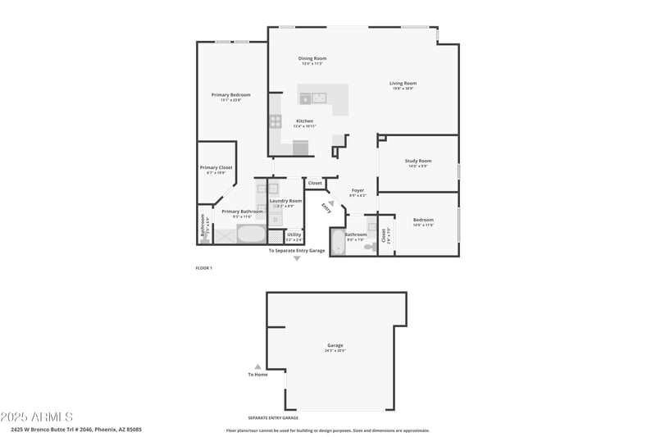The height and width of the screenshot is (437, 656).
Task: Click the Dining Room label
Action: pos(312,58)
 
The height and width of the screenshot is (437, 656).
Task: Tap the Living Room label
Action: pos(403,83)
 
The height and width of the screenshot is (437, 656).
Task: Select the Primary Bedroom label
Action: pos(230,95)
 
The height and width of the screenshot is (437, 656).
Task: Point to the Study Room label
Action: pos(417,161)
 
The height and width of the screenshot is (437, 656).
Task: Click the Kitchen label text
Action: pos(304,121)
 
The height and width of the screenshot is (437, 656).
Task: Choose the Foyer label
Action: pos(358,190)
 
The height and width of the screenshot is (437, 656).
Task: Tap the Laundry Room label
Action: pos(285,201)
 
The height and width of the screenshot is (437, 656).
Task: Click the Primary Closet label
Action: pos(216,168)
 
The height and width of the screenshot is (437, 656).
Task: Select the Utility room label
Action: pos(294,234)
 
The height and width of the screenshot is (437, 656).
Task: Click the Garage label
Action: pos(335,345)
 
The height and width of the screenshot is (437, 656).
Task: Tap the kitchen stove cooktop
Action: pos(276,121)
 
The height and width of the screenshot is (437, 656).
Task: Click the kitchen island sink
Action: pos(319,98)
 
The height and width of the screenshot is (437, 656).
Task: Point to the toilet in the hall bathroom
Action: pos(370,244)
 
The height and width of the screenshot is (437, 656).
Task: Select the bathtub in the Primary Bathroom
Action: pos(252,234)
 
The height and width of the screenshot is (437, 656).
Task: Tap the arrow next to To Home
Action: pos(257,366)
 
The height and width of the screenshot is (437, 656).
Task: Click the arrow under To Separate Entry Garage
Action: pos(297,258)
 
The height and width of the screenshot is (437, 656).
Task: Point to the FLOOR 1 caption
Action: pos(203,268)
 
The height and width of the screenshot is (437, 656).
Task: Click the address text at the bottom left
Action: pos(76,429)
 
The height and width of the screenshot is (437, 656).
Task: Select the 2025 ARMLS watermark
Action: pos(37,417)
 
